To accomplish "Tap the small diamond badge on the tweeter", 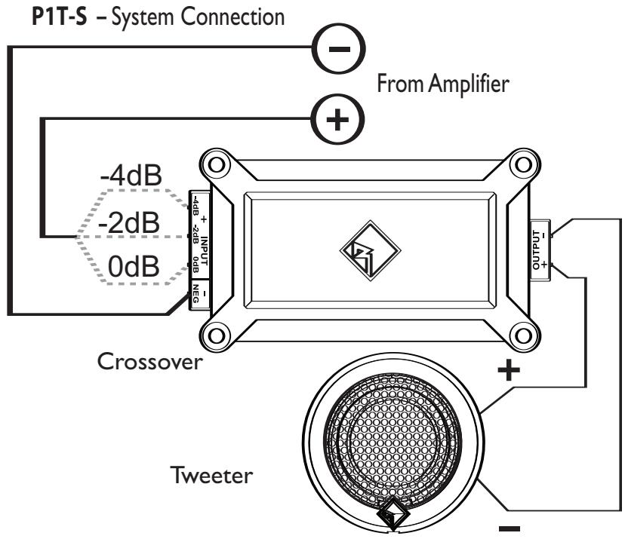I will [392, 517].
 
